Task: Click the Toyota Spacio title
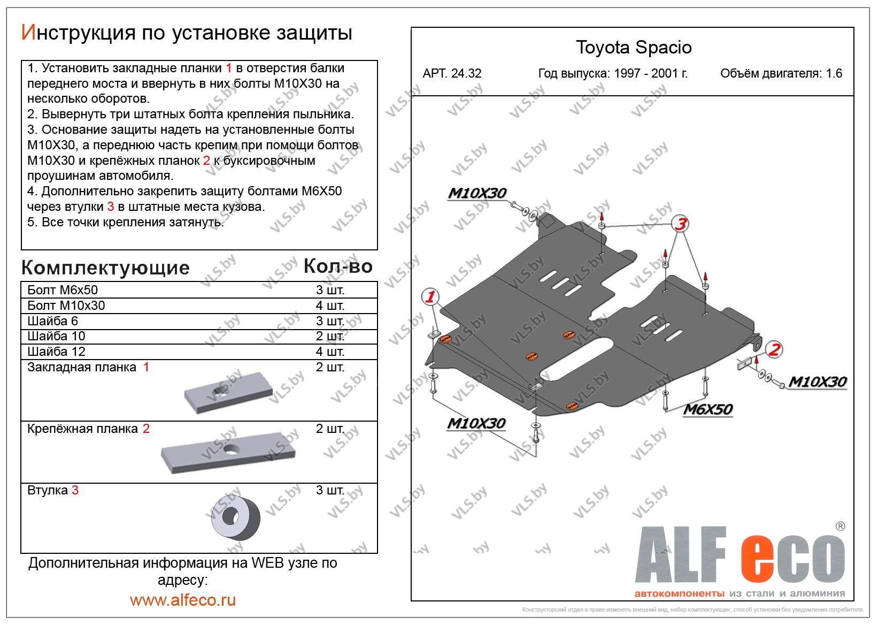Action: pyautogui.click(x=634, y=48)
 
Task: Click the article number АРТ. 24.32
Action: pyautogui.click(x=451, y=73)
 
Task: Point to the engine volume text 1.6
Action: pyautogui.click(x=834, y=73)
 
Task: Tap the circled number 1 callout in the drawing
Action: pyautogui.click(x=430, y=296)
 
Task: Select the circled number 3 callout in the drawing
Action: pyautogui.click(x=681, y=224)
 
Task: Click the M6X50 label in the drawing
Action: pyautogui.click(x=708, y=409)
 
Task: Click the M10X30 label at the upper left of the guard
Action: pyautogui.click(x=477, y=193)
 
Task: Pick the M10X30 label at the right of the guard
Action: pyautogui.click(x=818, y=382)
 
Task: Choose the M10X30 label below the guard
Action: pyautogui.click(x=476, y=423)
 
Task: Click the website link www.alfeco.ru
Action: pyautogui.click(x=183, y=600)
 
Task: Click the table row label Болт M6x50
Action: pyautogui.click(x=63, y=290)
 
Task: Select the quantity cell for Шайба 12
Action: pyautogui.click(x=330, y=352)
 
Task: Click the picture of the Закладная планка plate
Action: pyautogui.click(x=228, y=392)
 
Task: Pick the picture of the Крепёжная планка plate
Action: pyautogui.click(x=228, y=453)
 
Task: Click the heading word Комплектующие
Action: pyautogui.click(x=105, y=268)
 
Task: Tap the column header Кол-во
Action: pyautogui.click(x=338, y=266)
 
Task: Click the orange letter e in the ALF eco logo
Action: pyautogui.click(x=757, y=559)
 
